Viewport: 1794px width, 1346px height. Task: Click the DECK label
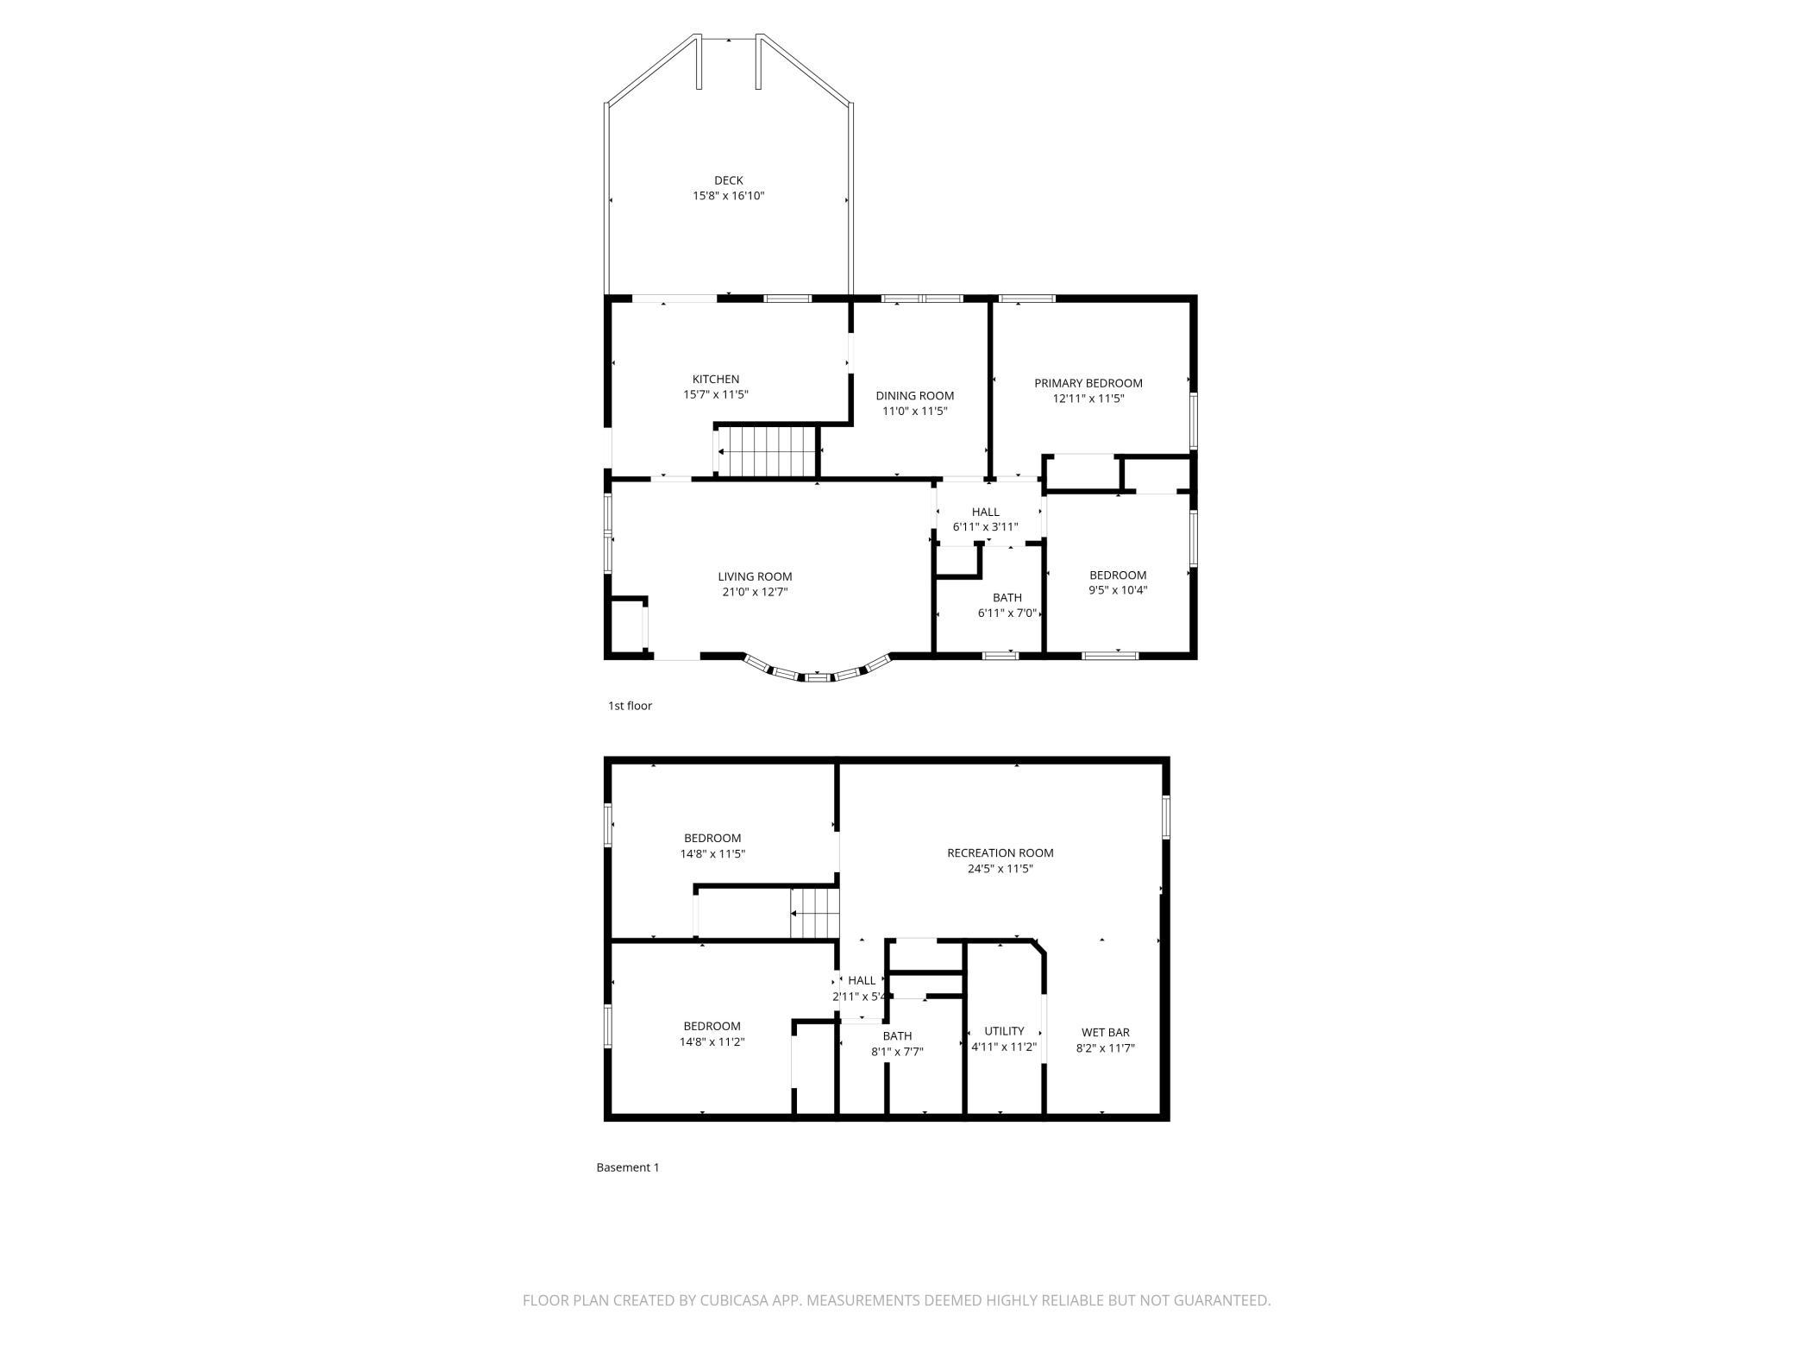point(728,180)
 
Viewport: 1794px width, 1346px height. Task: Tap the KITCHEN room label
point(716,379)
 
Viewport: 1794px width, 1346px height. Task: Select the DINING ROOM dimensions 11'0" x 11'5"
point(914,411)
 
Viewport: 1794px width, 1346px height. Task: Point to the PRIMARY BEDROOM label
point(1088,383)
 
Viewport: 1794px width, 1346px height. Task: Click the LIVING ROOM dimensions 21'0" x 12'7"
point(755,592)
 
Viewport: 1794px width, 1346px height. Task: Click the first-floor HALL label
point(985,512)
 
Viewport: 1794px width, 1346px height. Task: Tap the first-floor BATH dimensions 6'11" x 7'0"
point(1007,613)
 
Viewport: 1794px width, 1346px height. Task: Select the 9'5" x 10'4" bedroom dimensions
point(1118,590)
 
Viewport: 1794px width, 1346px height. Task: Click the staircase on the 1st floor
point(767,450)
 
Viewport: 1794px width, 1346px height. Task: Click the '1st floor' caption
point(630,706)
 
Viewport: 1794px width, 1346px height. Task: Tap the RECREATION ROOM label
point(1000,852)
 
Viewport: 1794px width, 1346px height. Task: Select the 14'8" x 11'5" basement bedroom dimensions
point(712,854)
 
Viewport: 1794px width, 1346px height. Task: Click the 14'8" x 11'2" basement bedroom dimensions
point(712,1041)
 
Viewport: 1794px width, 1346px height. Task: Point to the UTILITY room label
point(1004,1031)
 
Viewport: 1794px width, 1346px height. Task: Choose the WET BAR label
point(1105,1032)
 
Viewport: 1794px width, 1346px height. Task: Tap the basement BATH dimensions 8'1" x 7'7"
point(897,1051)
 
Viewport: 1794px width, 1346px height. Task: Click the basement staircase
point(815,913)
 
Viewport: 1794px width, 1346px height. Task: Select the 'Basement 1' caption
point(628,1167)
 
